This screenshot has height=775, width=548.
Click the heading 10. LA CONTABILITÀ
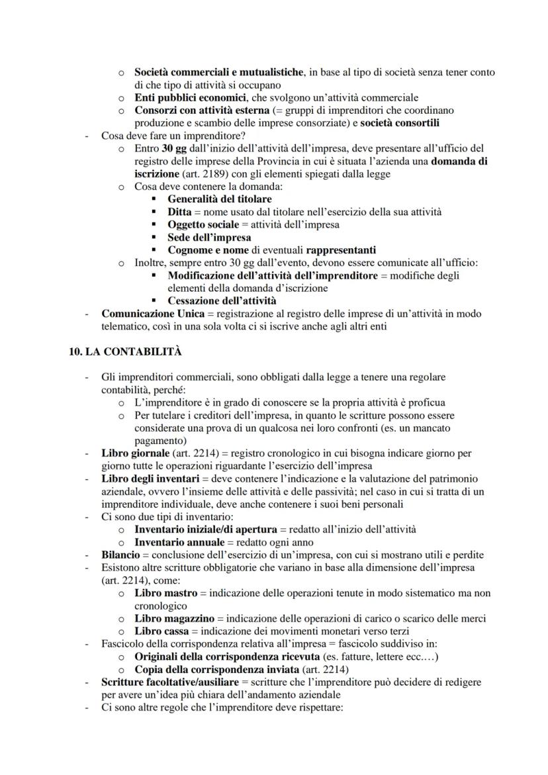point(125,352)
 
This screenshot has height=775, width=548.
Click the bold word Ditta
point(181,212)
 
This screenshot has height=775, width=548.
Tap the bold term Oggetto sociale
point(203,224)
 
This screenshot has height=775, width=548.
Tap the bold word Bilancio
point(120,555)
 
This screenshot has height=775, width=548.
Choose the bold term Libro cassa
point(161,631)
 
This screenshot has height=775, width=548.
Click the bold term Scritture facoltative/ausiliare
point(169,682)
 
